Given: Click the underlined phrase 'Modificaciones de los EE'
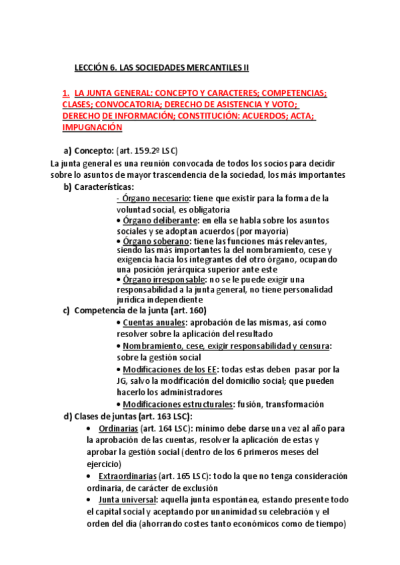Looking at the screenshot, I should click(x=167, y=369).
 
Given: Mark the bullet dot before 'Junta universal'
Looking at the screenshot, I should click(x=89, y=500).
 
